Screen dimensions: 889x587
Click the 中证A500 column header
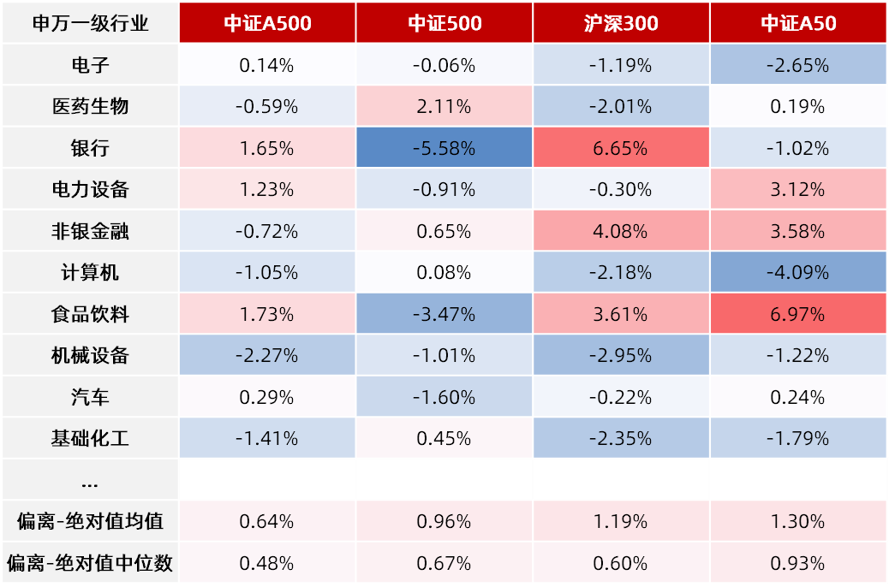click(x=267, y=22)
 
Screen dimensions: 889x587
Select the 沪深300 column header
click(x=621, y=22)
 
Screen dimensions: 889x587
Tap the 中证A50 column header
click(x=798, y=22)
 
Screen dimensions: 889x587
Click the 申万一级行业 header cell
click(x=90, y=22)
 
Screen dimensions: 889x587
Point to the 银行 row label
click(x=90, y=148)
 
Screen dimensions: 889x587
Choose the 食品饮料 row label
click(x=90, y=314)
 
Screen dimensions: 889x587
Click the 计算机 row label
click(x=90, y=272)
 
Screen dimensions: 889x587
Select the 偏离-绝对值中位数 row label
click(x=90, y=563)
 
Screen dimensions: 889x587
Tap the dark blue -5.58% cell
click(x=444, y=148)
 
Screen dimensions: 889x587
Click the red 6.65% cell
click(x=621, y=148)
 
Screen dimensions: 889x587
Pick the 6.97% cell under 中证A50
click(x=798, y=314)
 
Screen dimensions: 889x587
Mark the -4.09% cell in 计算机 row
click(x=798, y=272)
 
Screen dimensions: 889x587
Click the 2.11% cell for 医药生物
click(x=444, y=106)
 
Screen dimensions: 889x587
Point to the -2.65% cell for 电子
click(x=798, y=64)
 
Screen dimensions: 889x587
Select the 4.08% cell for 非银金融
click(x=621, y=231)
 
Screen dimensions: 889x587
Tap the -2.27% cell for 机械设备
click(x=267, y=355)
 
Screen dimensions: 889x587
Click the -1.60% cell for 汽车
click(x=444, y=397)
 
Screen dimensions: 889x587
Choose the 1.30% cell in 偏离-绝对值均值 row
click(x=798, y=521)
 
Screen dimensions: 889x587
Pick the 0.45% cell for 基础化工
click(x=444, y=438)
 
